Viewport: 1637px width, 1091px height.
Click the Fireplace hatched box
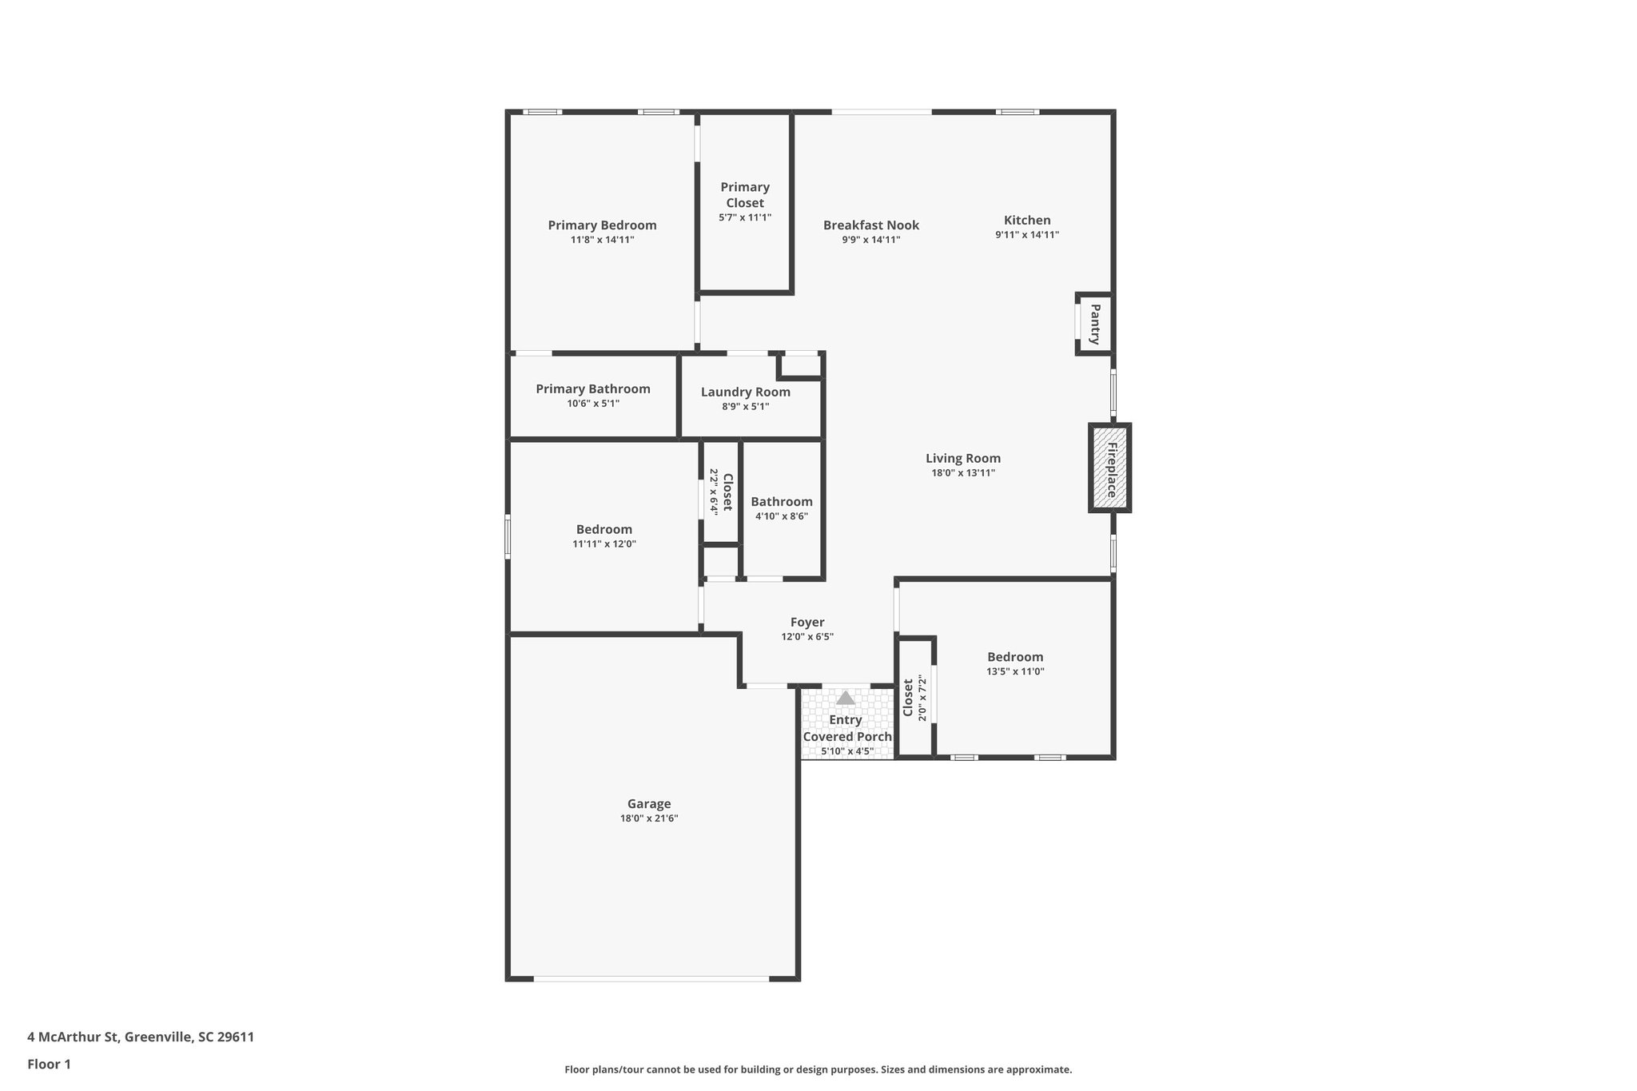(1109, 468)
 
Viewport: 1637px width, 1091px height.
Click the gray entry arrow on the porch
(845, 698)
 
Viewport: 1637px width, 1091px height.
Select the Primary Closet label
(745, 194)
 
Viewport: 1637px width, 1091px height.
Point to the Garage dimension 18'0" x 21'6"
(649, 818)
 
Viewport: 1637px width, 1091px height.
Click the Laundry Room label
(745, 392)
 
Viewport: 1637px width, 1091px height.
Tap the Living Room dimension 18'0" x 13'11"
(963, 472)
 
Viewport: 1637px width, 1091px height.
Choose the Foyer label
(807, 622)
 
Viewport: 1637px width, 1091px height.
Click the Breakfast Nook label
(871, 225)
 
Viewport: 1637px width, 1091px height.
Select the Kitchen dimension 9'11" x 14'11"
(1027, 235)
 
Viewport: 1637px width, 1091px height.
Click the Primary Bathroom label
(593, 389)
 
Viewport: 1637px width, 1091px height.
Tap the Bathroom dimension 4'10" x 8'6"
(782, 516)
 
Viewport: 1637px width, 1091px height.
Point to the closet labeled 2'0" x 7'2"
(914, 698)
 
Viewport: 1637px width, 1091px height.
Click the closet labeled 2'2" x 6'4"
(721, 492)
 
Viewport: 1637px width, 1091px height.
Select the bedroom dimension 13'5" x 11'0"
(1015, 671)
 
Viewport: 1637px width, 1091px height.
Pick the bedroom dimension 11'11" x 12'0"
(604, 544)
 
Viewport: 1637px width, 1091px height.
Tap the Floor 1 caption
(49, 1064)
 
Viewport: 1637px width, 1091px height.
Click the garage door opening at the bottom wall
(651, 978)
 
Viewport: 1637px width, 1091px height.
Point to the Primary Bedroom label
(602, 225)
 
